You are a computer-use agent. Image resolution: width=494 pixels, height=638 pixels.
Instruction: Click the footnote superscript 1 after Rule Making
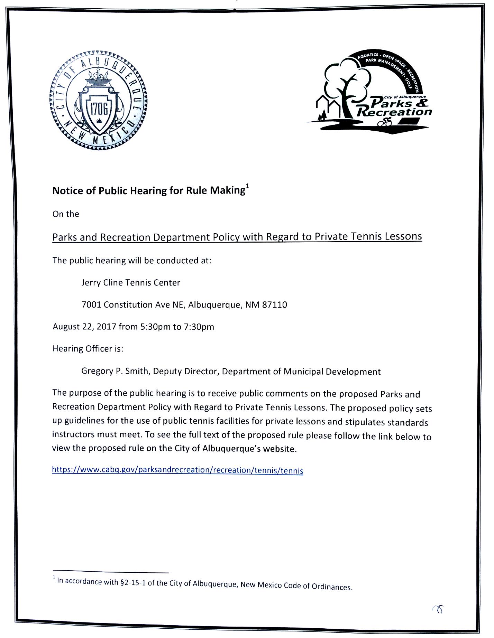pyautogui.click(x=247, y=187)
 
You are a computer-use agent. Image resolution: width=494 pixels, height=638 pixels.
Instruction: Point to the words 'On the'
pyautogui.click(x=66, y=214)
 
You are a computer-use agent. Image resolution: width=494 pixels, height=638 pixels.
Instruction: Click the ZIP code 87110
pyautogui.click(x=275, y=304)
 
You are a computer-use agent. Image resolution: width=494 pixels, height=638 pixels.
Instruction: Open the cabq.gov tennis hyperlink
pyautogui.click(x=177, y=470)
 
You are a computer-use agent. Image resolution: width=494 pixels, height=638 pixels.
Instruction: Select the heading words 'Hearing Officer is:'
pyautogui.click(x=88, y=349)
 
